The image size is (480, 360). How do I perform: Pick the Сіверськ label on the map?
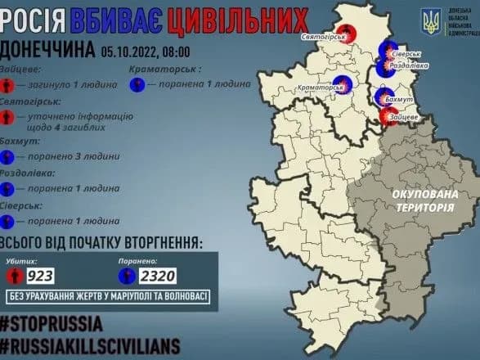[406, 53]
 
